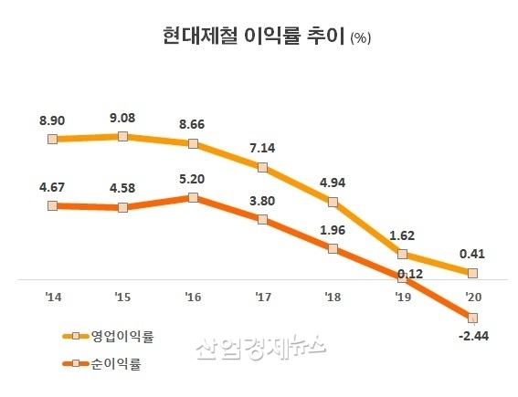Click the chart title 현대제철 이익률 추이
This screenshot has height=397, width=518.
pyautogui.click(x=244, y=37)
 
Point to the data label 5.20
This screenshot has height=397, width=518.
pyautogui.click(x=192, y=179)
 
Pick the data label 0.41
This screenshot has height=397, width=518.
pyautogui.click(x=472, y=255)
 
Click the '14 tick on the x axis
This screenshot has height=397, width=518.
pyautogui.click(x=52, y=297)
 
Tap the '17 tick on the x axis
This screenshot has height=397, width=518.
pyautogui.click(x=262, y=297)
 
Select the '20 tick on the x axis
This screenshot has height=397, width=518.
pyautogui.click(x=472, y=297)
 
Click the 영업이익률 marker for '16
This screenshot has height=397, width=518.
pyautogui.click(x=192, y=143)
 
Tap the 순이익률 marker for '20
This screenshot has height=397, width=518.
pyautogui.click(x=472, y=317)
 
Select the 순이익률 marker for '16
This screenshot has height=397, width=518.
pyautogui.click(x=192, y=196)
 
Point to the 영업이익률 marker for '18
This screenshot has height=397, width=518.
pyautogui.click(x=333, y=202)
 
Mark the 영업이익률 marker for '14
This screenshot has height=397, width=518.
pyautogui.click(x=52, y=139)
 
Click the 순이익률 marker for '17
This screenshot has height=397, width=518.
pyautogui.click(x=262, y=219)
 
